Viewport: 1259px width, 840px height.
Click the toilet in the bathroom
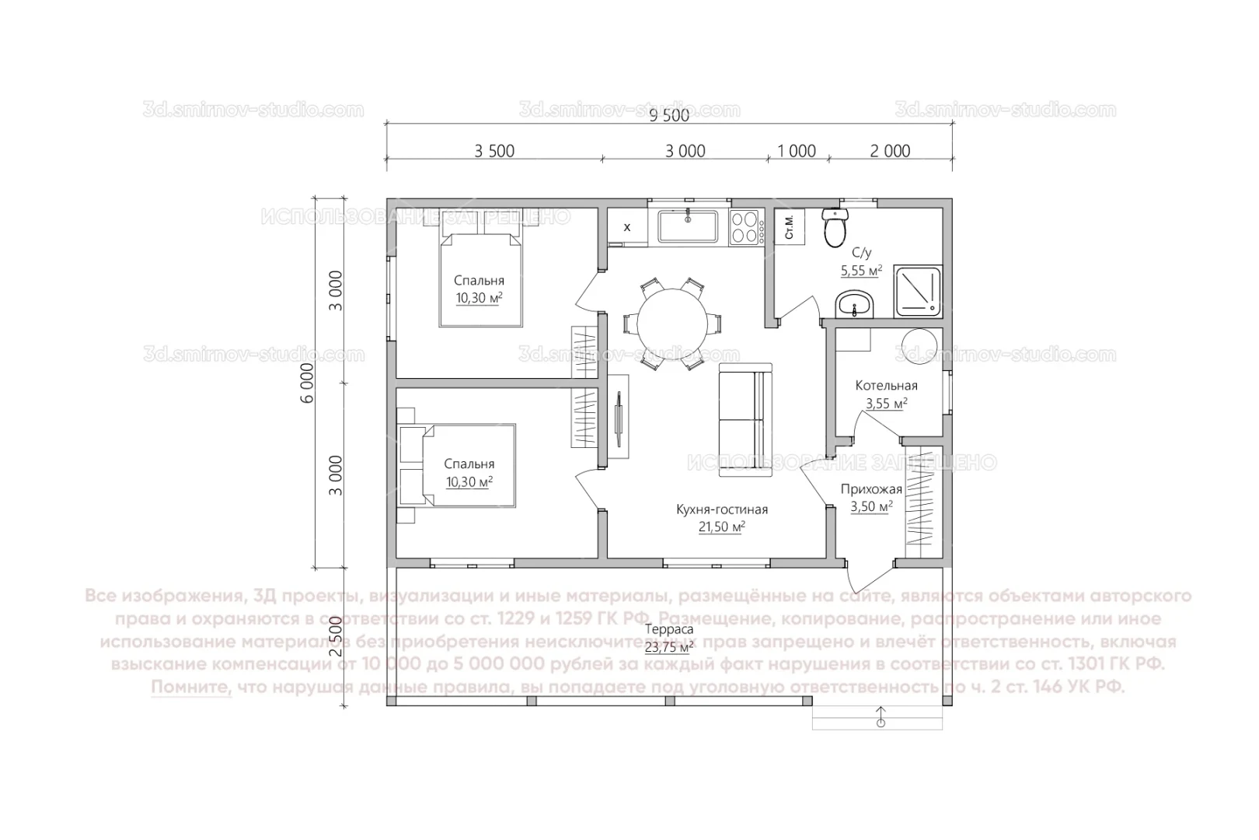tap(835, 229)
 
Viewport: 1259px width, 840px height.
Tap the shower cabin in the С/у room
tap(919, 291)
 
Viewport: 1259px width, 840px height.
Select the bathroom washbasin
tap(855, 306)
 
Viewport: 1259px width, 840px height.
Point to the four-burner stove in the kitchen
tap(745, 228)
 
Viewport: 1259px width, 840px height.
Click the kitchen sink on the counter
tap(689, 227)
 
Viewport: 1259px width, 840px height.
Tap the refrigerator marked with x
tap(626, 227)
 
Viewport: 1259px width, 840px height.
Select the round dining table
tap(673, 322)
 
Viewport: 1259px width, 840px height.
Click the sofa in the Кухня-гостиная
tap(745, 420)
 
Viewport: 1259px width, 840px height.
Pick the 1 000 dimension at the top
tap(797, 151)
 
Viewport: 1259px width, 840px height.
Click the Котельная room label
tap(886, 386)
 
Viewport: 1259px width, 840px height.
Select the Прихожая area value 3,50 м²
tap(871, 506)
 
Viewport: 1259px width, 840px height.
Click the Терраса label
tap(669, 629)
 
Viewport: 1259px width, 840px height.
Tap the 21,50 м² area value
tap(721, 527)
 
